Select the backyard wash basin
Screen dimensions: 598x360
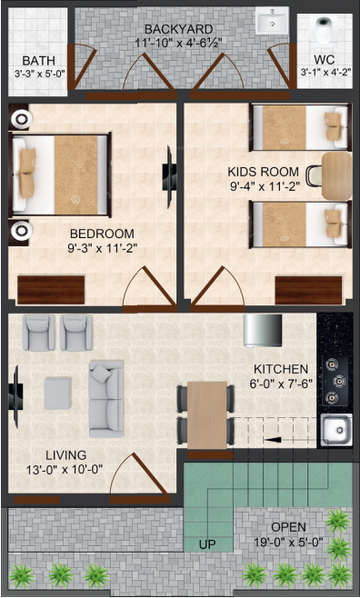coord(271,20)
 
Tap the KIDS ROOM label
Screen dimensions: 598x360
coord(264,170)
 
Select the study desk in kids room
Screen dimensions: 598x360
coord(336,174)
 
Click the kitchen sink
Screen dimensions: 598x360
coord(336,430)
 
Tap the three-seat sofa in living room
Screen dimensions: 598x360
coord(105,397)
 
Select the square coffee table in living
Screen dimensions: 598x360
coord(58,392)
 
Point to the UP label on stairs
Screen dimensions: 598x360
coord(207,544)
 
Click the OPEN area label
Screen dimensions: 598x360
coord(288,526)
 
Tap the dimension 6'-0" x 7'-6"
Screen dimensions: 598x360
coord(281,383)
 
